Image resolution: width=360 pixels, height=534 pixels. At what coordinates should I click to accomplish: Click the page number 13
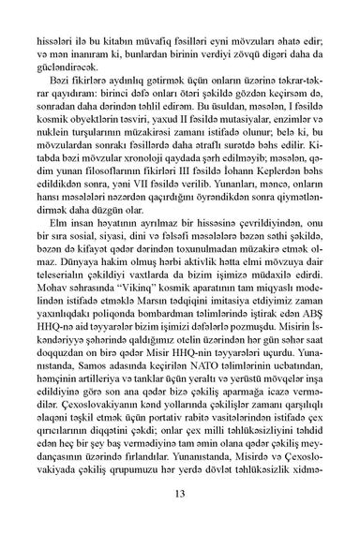pos(180,495)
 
